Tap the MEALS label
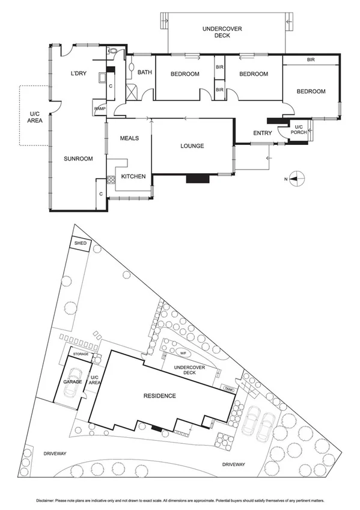129,138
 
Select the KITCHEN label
133,176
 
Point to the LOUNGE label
192,146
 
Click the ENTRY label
263,133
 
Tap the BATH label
145,73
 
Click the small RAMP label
99,109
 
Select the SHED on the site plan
81,244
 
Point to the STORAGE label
81,354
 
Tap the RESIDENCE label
159,396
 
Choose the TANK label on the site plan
229,389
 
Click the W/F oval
183,353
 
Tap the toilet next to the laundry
114,52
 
